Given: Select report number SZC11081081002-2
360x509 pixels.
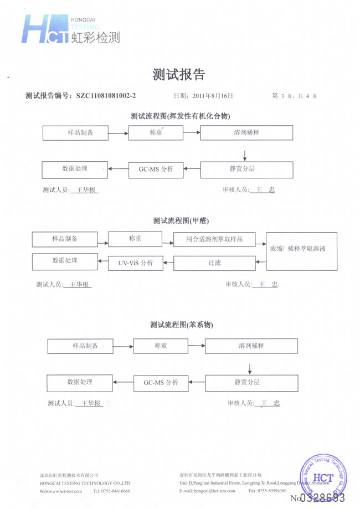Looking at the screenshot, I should pos(106,96).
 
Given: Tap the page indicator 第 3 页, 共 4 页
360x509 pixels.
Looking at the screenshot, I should pos(295,96).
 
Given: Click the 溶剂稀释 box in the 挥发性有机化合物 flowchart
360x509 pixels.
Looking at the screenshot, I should pos(247,133).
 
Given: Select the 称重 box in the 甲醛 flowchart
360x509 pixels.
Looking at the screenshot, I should pos(136,239).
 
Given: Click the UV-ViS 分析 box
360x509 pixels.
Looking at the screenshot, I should pos(135,263).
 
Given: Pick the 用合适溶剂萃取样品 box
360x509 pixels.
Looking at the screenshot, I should pos(215,240).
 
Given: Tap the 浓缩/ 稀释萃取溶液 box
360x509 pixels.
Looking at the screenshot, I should pos(302,250).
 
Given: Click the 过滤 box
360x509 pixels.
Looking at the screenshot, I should pos(215,263).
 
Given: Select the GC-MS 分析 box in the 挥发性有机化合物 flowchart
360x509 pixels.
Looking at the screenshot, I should pos(156,169).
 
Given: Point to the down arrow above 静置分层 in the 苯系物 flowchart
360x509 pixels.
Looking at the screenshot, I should pos(250,368).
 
